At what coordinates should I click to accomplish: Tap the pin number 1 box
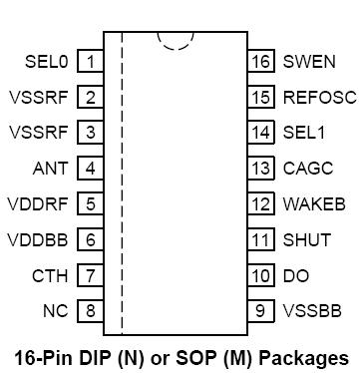[91, 62]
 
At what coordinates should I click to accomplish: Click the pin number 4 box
[91, 168]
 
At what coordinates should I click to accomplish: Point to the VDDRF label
[39, 203]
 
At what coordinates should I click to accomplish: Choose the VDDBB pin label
[39, 239]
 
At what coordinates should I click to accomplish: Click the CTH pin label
[50, 275]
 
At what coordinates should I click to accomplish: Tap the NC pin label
[56, 310]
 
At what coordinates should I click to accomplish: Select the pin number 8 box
[91, 310]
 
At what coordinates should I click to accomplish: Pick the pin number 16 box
[261, 62]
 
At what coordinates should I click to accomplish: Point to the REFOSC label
[318, 97]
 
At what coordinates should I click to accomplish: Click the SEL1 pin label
[304, 133]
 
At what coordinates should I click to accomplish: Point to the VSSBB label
[312, 310]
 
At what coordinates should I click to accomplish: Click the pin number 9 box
[261, 310]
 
